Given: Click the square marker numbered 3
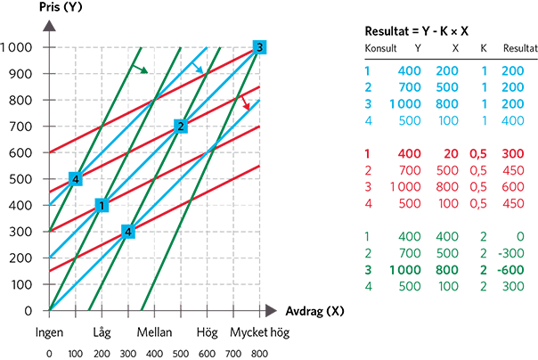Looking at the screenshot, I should (x=258, y=46).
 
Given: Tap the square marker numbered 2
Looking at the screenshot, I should (x=180, y=126).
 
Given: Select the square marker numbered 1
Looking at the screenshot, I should (x=102, y=205).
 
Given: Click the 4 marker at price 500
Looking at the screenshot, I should (x=77, y=178).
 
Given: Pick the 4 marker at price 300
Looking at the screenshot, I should (x=128, y=232).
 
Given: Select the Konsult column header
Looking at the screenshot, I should (x=379, y=47).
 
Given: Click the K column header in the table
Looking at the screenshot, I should (x=483, y=47).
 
